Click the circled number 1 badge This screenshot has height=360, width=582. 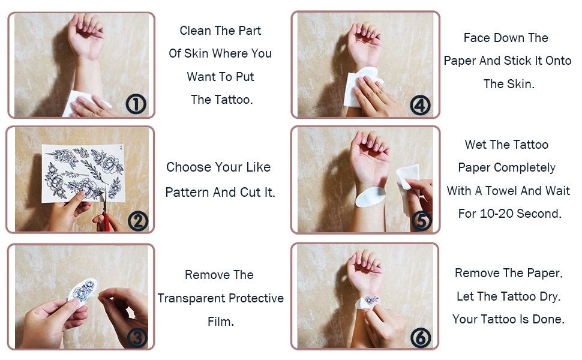click(x=136, y=104)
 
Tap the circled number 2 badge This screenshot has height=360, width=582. click(x=138, y=221)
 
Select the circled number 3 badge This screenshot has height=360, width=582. click(x=137, y=338)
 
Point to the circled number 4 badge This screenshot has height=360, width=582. click(x=420, y=106)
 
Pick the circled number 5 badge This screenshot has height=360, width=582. click(x=422, y=221)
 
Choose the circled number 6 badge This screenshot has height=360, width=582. click(x=421, y=338)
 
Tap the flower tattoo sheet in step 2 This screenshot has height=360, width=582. click(x=83, y=173)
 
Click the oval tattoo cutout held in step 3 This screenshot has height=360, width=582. click(x=83, y=290)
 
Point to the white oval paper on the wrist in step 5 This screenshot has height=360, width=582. click(x=370, y=197)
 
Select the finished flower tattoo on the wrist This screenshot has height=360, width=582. click(x=371, y=299)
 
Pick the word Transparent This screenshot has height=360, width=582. click(x=191, y=298)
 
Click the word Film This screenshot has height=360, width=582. click(x=220, y=322)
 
